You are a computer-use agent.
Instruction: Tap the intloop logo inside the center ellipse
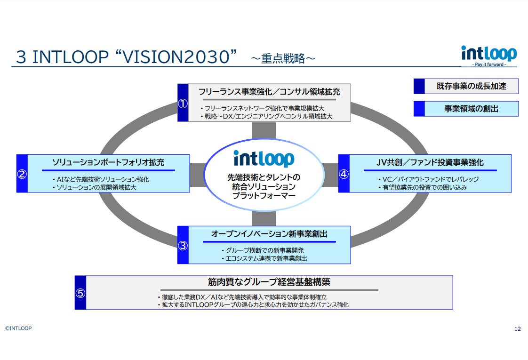coord(264,159)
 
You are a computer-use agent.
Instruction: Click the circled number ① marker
coord(183,104)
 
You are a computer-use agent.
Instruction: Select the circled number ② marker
coord(22,174)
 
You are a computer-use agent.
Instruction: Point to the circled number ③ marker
coord(183,245)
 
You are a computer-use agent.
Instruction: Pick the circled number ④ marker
coord(344,174)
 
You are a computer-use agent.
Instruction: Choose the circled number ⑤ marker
coord(80,293)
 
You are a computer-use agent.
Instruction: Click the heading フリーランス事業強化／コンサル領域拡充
coord(269,91)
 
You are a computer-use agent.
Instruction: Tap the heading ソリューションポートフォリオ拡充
coord(108,162)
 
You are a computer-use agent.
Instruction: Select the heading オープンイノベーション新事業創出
coord(269,234)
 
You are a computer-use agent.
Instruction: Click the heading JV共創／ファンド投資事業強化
coord(430,162)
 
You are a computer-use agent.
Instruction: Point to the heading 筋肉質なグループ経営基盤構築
coord(269,282)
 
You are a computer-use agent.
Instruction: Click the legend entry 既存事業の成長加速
coord(471,87)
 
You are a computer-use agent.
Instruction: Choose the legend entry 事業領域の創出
coord(471,109)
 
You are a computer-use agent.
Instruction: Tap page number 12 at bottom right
coord(518,329)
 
